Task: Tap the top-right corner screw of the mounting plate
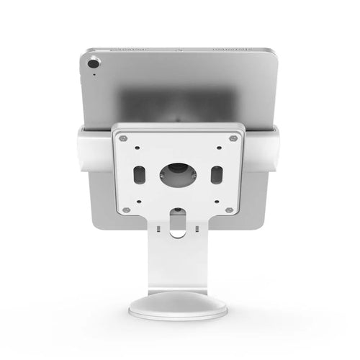point(233,138)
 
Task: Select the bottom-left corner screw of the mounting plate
point(126,210)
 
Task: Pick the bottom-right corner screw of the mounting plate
point(229,210)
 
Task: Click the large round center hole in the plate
point(178,174)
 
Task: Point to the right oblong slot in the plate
point(215,174)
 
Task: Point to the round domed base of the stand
point(178,306)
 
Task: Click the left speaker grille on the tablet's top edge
point(130,50)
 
